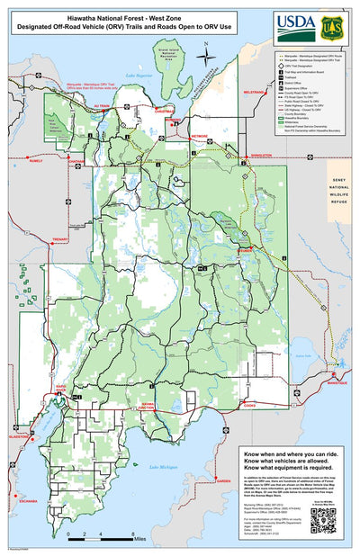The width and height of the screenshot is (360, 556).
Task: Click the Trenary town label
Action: tap(61, 239)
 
